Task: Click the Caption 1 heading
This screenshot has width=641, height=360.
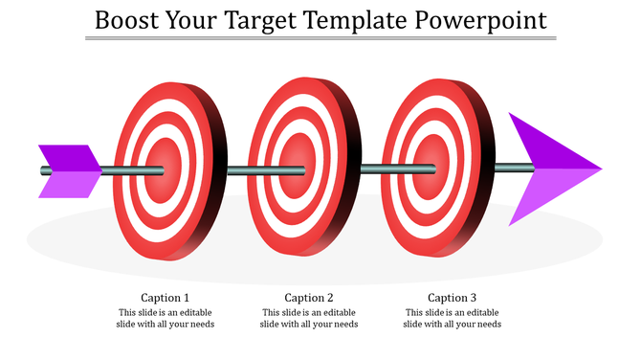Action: [166, 297]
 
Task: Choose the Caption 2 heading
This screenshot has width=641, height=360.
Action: [309, 297]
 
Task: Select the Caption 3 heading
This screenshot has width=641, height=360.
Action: [453, 297]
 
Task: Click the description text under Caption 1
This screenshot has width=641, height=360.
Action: [166, 318]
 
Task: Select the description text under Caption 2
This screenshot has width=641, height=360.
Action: [309, 318]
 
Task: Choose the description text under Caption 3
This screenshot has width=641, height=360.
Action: [453, 318]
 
